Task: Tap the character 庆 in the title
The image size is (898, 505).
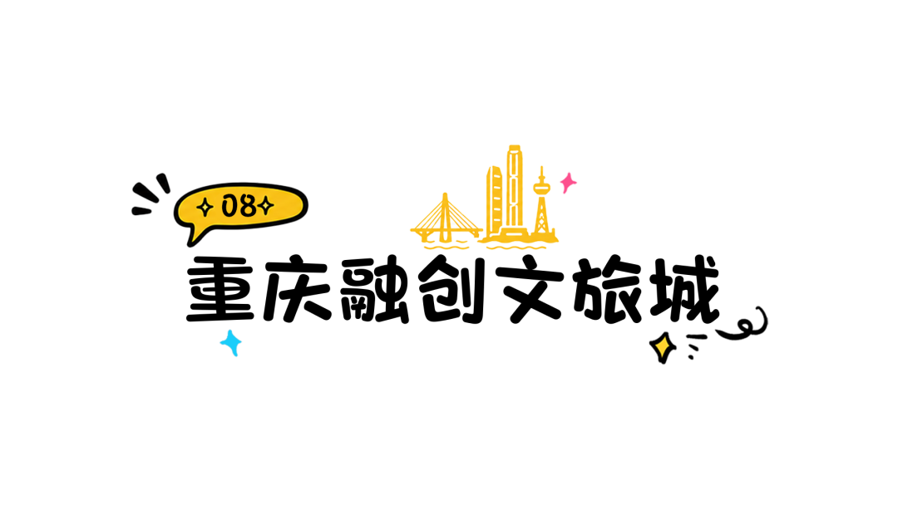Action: [297, 288]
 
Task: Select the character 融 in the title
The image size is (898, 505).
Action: [374, 289]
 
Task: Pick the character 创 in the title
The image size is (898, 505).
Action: [451, 289]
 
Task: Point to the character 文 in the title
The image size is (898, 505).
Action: [530, 289]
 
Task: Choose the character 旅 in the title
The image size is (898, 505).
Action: [608, 289]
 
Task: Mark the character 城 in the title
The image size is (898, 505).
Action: [685, 289]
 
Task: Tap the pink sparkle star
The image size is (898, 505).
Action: [568, 183]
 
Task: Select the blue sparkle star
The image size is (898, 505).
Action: [231, 342]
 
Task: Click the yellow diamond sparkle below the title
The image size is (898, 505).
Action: [663, 347]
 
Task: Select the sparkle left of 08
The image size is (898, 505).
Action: [205, 207]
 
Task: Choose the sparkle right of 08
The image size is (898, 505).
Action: [265, 205]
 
